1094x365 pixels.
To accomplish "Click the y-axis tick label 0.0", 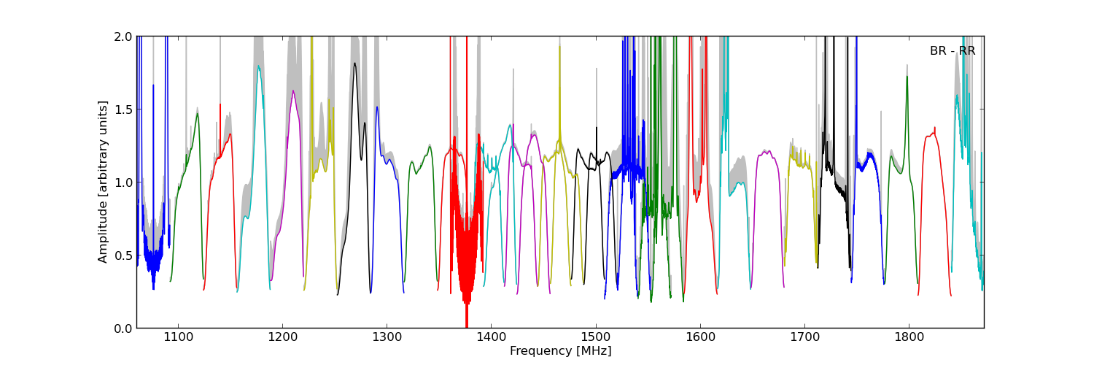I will tap(123, 328).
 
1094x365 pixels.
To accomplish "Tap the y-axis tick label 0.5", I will tap(123, 255).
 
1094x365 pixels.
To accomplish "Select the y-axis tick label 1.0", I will tap(123, 182).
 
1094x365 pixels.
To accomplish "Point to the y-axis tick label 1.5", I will tap(123, 109).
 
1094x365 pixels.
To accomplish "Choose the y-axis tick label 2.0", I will tap(123, 36).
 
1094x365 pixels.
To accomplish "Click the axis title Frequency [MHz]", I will tap(560, 351).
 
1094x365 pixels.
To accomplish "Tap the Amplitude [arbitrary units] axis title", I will tap(103, 182).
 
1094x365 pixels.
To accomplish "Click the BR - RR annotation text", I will tap(952, 51).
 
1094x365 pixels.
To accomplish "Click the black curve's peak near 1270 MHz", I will tap(354, 64).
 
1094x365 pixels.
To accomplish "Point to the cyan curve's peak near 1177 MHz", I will tap(258, 66).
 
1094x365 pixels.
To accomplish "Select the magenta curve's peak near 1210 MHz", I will tap(293, 91).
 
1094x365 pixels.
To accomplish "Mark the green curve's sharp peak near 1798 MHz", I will tap(907, 77).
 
